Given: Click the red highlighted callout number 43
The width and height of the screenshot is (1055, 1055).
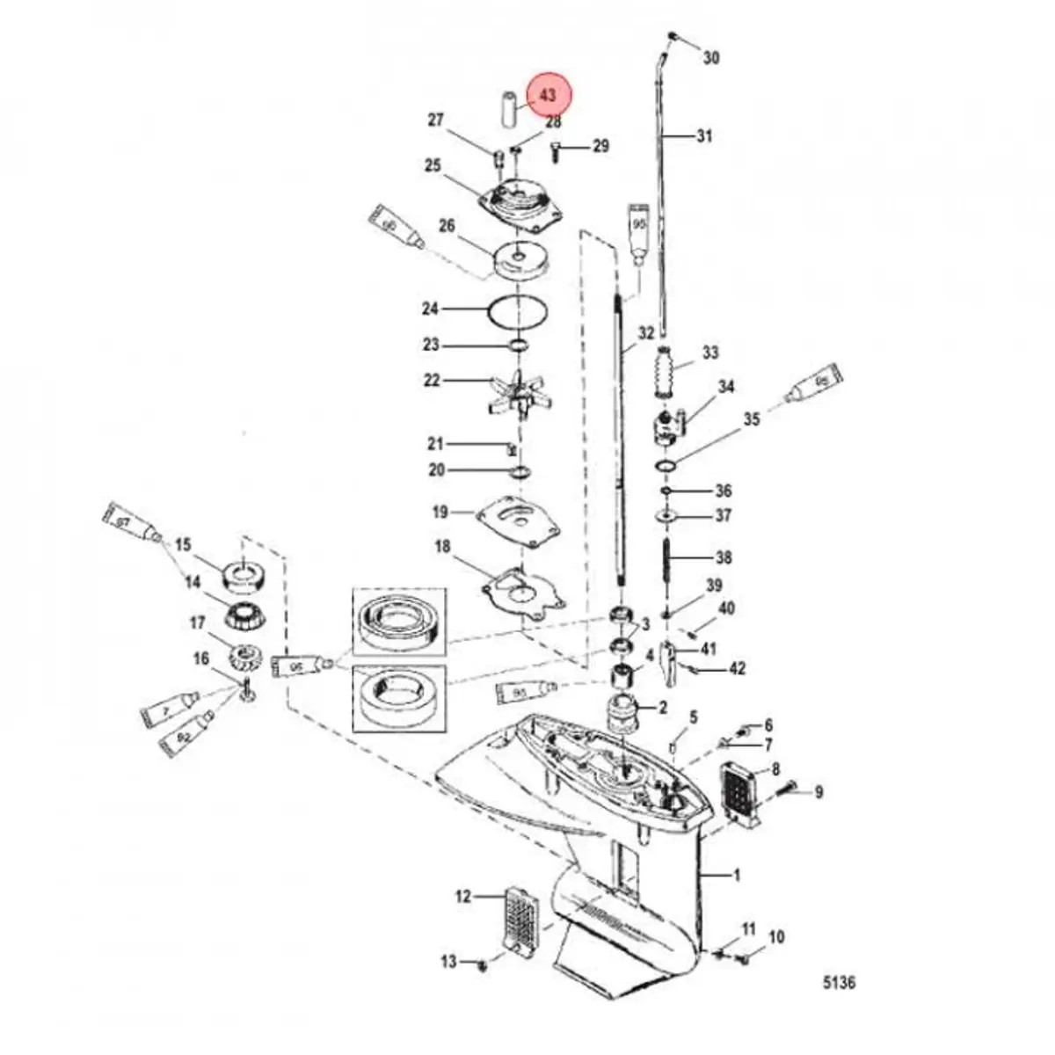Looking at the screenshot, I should click(548, 95).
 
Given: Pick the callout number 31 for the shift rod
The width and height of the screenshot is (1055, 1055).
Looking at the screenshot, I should click(704, 136).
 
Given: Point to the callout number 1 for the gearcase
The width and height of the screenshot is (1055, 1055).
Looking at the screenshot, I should click(736, 875).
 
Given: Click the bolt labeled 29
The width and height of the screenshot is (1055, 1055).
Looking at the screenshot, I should click(557, 151).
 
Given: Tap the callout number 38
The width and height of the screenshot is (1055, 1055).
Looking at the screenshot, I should click(724, 557).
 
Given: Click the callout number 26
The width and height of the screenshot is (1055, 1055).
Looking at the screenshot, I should click(447, 227).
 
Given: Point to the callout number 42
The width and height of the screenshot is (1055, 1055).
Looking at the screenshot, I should click(737, 669).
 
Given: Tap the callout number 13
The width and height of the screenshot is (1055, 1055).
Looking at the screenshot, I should click(448, 962).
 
